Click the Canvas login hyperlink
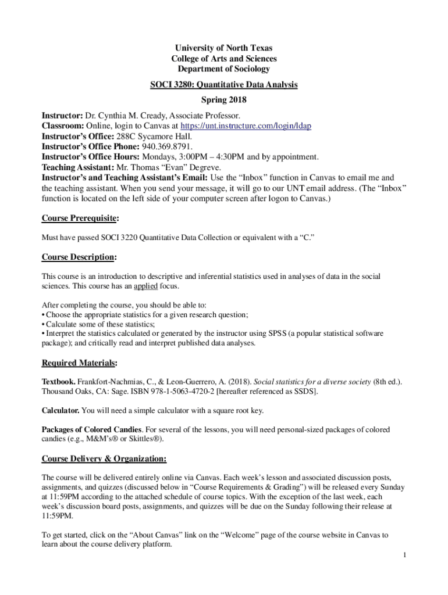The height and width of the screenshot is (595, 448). pyautogui.click(x=246, y=126)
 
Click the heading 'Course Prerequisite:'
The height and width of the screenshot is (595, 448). pyautogui.click(x=80, y=218)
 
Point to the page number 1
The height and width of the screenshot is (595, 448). pyautogui.click(x=404, y=555)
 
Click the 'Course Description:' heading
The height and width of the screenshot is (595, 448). pyautogui.click(x=79, y=257)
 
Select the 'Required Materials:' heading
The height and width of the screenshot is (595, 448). pyautogui.click(x=79, y=363)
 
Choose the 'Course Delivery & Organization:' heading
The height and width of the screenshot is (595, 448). pyautogui.click(x=104, y=459)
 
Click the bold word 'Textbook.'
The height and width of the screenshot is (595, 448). pyautogui.click(x=59, y=382)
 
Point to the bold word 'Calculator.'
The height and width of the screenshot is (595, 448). pyautogui.click(x=61, y=411)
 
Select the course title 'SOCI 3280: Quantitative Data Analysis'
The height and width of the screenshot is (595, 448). pyautogui.click(x=223, y=85)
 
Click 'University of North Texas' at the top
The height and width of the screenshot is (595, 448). pyautogui.click(x=224, y=48)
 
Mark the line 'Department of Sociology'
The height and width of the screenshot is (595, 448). pyautogui.click(x=224, y=69)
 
